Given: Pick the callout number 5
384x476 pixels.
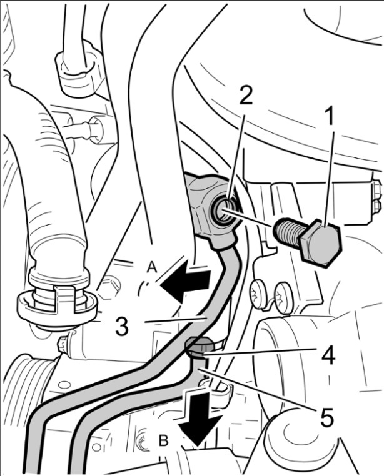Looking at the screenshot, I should pyautogui.click(x=326, y=417).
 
